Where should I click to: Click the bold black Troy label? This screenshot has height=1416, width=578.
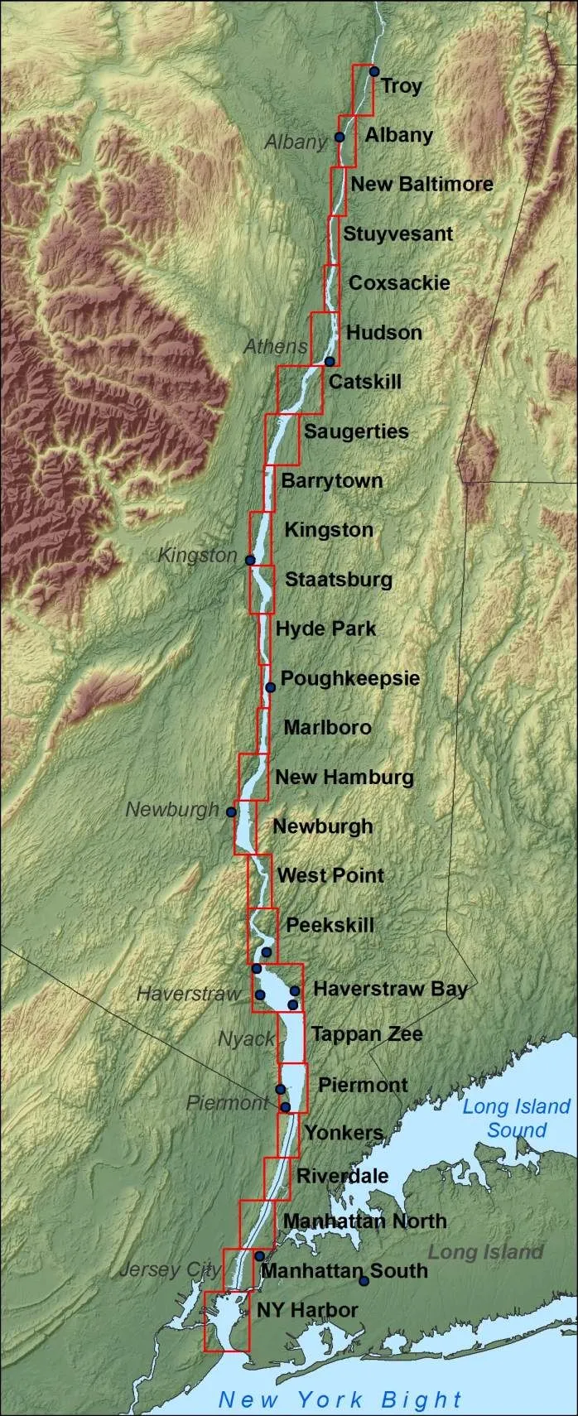(x=401, y=86)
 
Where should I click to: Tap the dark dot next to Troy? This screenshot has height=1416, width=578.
(x=373, y=71)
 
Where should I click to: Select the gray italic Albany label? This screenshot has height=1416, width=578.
(x=296, y=142)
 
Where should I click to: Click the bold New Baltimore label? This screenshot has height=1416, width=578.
(x=421, y=184)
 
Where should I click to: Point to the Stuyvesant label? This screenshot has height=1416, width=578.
(x=397, y=234)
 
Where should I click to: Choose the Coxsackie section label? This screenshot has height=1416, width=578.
(x=399, y=282)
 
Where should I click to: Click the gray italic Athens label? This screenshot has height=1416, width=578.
(x=276, y=346)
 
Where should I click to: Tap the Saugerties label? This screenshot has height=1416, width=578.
(x=356, y=431)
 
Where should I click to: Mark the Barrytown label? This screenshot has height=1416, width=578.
(x=331, y=481)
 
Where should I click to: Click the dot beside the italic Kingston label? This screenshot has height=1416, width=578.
(x=250, y=561)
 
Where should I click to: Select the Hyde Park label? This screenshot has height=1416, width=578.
(x=325, y=629)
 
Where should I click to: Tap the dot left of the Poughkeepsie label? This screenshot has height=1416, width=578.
(x=270, y=687)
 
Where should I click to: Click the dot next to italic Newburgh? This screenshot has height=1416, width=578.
(x=231, y=812)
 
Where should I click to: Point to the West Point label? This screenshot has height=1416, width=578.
(x=330, y=875)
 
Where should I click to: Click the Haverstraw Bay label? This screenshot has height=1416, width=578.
(x=390, y=989)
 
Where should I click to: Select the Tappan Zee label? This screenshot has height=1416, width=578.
(x=367, y=1033)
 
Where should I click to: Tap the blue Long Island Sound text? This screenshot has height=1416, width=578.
(x=516, y=1118)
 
